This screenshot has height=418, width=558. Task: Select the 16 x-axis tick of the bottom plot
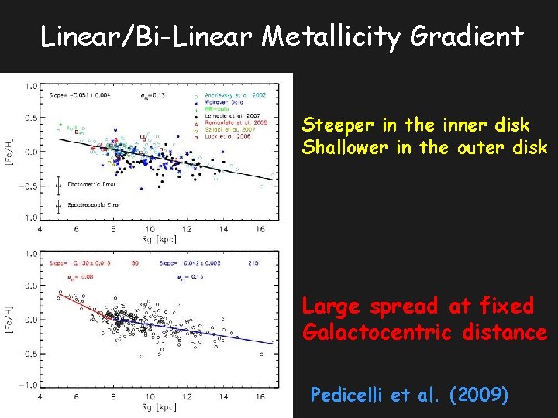click(258, 396)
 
